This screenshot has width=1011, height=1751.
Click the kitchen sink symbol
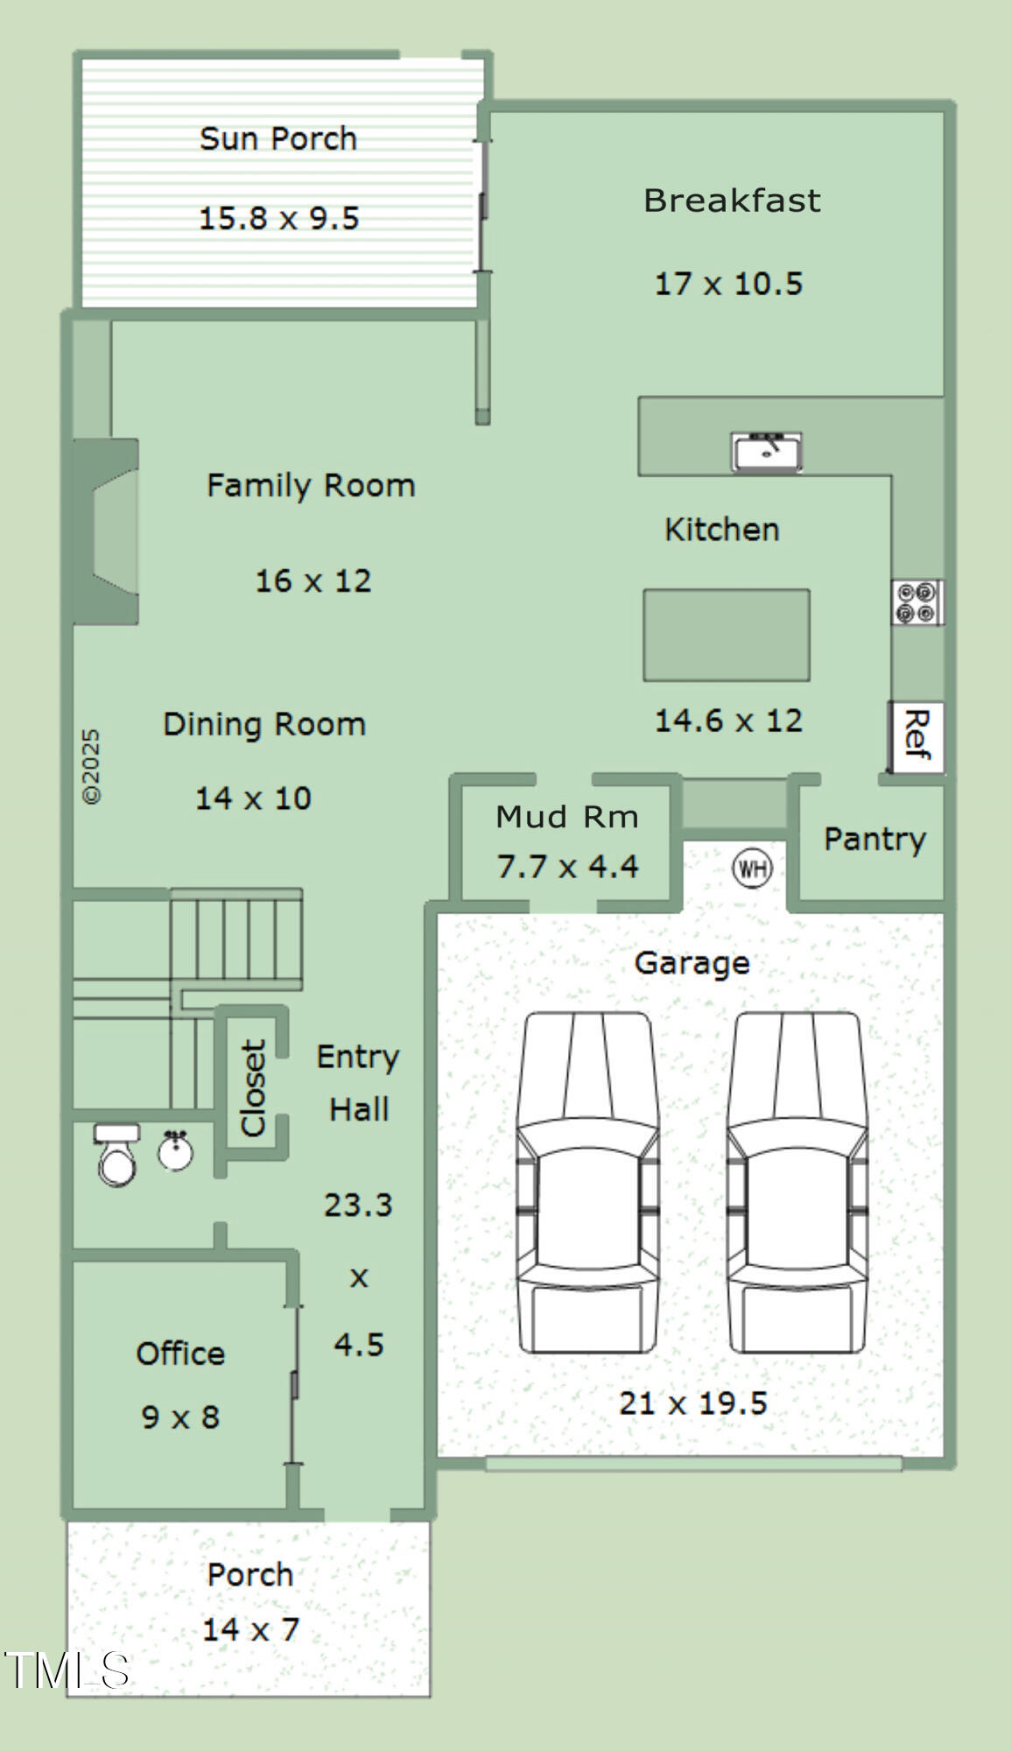coord(767,452)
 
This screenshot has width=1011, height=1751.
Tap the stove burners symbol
coord(917,602)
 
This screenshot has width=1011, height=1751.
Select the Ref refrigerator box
coord(916,736)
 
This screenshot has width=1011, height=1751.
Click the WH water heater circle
coord(752,868)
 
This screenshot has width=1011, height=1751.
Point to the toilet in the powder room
coord(117,1155)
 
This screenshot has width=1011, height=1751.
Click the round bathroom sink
coord(176,1151)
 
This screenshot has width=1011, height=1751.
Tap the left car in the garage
coord(586,1183)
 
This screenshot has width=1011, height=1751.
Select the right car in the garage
coord(797,1183)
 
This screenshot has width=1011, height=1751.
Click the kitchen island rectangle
coord(727,635)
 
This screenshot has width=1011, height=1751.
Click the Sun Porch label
coord(278,138)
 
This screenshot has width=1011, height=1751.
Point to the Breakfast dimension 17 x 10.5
coord(728,284)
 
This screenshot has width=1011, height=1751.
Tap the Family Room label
coord(311,485)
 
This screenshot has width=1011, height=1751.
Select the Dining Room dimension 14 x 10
coord(253,798)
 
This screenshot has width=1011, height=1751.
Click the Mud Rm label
coord(567,817)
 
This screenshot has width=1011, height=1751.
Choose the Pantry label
coord(874,840)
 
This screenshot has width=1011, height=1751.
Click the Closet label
coord(253,1088)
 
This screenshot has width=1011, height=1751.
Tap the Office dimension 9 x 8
coord(180,1417)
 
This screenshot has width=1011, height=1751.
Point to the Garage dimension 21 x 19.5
coord(692,1403)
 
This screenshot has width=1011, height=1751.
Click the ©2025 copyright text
coord(91,766)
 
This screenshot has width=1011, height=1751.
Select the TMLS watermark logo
coord(67,1670)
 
